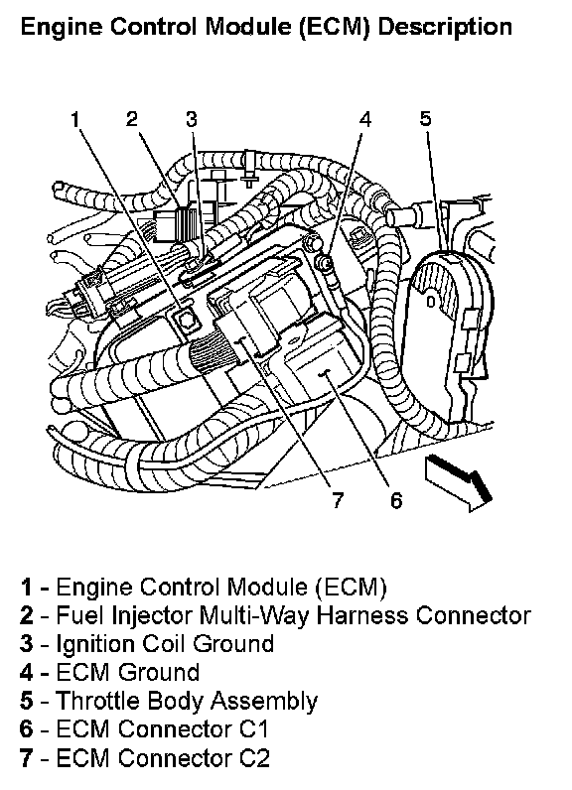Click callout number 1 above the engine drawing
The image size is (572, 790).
pyautogui.click(x=75, y=120)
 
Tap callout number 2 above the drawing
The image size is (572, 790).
pyautogui.click(x=132, y=119)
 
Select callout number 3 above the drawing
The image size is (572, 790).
pyautogui.click(x=191, y=119)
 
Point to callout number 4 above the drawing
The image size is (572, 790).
pyautogui.click(x=365, y=119)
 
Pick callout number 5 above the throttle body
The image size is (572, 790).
pyautogui.click(x=426, y=118)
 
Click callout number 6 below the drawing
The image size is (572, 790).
pyautogui.click(x=396, y=500)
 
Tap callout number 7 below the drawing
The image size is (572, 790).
pyautogui.click(x=338, y=500)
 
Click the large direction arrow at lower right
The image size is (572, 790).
pyautogui.click(x=459, y=482)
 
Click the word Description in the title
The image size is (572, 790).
pyautogui.click(x=445, y=27)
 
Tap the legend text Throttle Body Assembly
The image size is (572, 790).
pyautogui.click(x=187, y=702)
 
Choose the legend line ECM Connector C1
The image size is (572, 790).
pyautogui.click(x=162, y=729)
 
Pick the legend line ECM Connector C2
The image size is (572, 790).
pyautogui.click(x=163, y=758)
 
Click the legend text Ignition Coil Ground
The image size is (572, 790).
pyautogui.click(x=165, y=644)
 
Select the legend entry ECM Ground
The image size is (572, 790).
pyautogui.click(x=127, y=673)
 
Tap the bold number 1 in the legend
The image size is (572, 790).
pyautogui.click(x=26, y=588)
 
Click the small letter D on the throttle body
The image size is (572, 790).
pyautogui.click(x=431, y=303)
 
